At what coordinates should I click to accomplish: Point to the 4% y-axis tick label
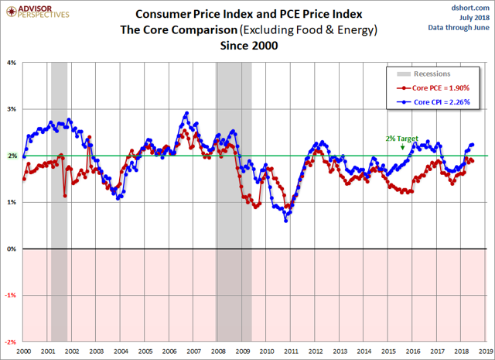12,63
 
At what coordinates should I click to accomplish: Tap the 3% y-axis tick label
12,109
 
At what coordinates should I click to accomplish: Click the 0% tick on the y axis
12,249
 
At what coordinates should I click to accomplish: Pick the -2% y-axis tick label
11,341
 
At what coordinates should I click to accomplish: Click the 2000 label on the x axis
24,351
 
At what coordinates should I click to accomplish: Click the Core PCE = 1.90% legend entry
436,89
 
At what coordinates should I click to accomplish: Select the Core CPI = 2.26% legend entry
436,101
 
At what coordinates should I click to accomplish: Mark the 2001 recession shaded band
59,201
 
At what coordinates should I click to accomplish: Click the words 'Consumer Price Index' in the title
184,14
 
